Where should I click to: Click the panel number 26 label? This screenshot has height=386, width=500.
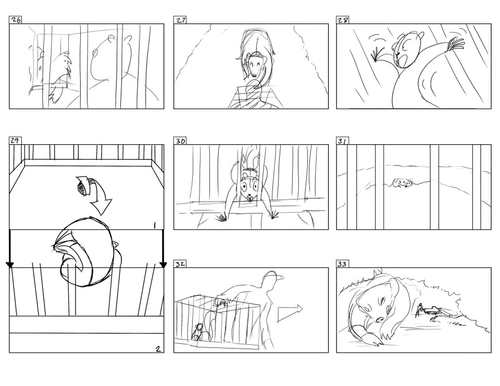click(x=16, y=20)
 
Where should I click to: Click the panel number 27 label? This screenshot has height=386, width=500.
click(x=180, y=20)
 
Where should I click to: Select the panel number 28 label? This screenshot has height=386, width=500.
click(x=343, y=20)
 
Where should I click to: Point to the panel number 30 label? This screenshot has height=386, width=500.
click(x=180, y=141)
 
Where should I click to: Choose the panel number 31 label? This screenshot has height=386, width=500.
click(x=342, y=141)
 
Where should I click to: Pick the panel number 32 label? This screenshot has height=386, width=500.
click(x=180, y=264)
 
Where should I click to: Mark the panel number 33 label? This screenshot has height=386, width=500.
click(x=342, y=264)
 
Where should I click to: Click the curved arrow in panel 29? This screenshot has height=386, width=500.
click(x=96, y=195)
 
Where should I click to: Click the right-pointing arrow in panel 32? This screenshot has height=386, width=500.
click(x=290, y=313)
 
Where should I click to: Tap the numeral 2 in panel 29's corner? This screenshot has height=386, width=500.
click(x=158, y=348)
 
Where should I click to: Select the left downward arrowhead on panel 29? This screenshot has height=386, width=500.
click(x=10, y=265)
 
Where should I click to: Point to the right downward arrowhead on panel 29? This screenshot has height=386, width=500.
click(x=163, y=265)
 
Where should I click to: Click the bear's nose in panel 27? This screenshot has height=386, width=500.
click(x=254, y=76)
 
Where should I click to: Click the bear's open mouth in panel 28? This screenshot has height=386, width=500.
click(x=403, y=60)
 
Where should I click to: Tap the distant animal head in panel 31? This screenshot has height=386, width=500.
click(x=401, y=183)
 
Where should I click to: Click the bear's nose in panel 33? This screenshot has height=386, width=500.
click(x=380, y=319)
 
